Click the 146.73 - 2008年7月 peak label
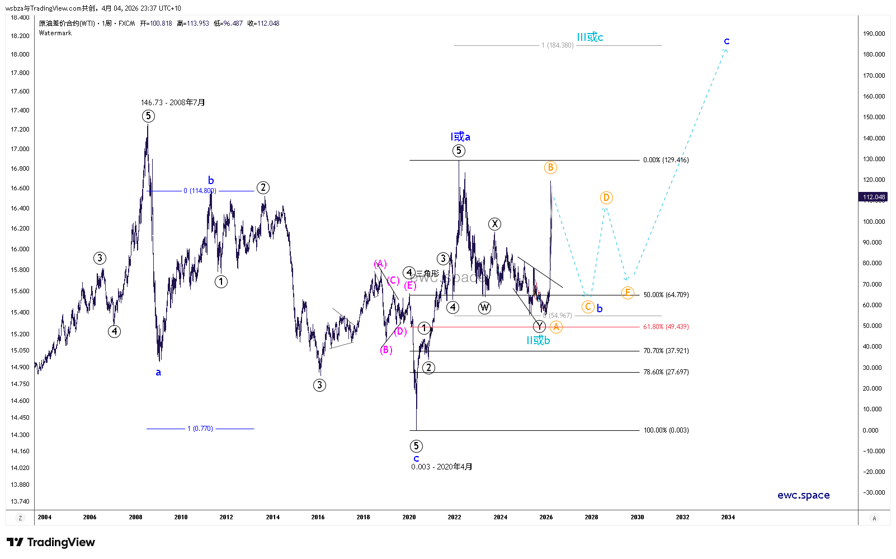point(173,102)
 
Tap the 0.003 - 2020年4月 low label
point(442,467)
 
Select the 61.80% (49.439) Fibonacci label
point(666,327)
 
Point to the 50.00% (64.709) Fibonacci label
point(666,295)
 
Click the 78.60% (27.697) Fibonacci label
point(666,372)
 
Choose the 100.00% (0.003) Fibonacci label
point(666,430)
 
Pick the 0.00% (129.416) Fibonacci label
point(666,160)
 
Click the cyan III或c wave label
point(590,37)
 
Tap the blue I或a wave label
point(460,137)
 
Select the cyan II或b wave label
point(538,341)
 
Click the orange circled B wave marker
point(550,167)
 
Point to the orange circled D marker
point(606,198)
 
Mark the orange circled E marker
point(628,293)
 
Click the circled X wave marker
point(494,224)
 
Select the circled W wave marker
point(484,308)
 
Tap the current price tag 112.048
point(873,197)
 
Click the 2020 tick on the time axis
point(409,517)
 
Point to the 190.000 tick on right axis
point(874,34)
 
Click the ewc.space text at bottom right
point(803,495)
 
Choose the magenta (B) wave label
point(386,350)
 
